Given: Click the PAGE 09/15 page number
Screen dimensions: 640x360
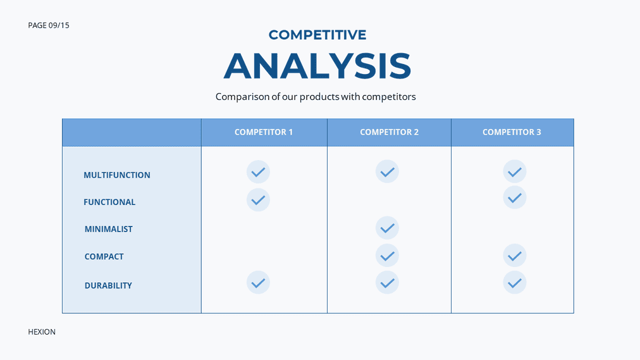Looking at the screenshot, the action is pos(49,25).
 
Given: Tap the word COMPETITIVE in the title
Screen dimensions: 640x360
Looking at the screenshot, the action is pos(317,35).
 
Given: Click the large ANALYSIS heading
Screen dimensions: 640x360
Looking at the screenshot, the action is pos(317,66).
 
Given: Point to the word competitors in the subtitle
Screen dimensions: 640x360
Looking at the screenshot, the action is pos(388,97).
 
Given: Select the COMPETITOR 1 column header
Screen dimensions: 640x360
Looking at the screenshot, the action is pos(264,132).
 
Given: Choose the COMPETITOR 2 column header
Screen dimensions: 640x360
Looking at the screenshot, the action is pos(390,132).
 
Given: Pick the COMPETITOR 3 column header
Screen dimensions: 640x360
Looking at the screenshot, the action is pos(512,132).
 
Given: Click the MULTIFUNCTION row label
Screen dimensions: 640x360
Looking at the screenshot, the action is pos(117,175).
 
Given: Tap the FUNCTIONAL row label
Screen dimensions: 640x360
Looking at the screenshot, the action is pos(109,202).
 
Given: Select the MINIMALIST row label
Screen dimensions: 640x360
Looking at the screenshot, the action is pos(109,229).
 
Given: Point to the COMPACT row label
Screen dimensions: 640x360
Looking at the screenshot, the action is pos(104,256).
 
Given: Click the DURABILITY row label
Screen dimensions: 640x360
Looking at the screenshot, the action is pos(108,285).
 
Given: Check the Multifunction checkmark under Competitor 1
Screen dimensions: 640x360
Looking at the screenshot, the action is pos(259,172).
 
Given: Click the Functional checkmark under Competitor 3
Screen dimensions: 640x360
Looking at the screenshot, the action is pos(515,197).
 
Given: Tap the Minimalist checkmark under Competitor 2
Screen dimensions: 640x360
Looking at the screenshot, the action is pos(387,228).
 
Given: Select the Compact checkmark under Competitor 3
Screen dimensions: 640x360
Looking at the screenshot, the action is pos(515,256).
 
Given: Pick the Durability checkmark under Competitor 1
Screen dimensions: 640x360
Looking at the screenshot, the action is pos(259,282).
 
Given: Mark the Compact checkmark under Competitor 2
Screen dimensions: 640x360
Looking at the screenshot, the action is pos(387,256).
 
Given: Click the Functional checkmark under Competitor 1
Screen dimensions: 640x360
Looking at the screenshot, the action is pos(259,200).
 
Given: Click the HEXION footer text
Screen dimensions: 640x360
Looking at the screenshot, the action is pos(42,332).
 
